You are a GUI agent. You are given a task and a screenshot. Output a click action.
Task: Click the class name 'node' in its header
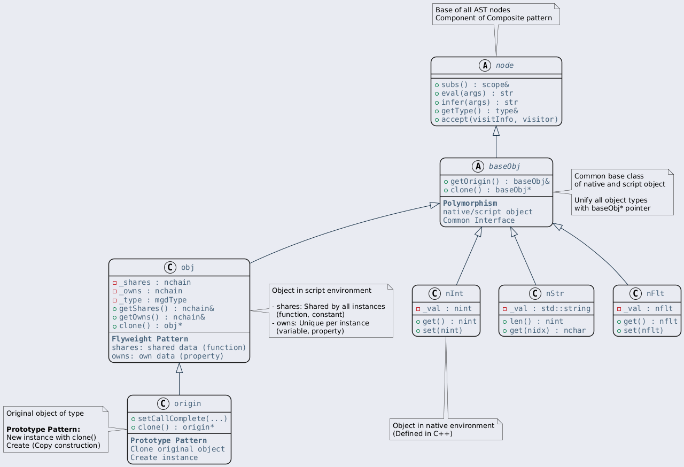point(504,65)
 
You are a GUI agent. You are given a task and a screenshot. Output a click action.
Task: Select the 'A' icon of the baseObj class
point(478,166)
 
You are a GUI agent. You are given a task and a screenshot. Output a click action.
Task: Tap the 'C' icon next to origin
point(163,403)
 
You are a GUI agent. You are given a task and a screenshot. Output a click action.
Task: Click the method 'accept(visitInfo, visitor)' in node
point(500,119)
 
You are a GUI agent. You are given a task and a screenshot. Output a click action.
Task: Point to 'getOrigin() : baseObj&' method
point(500,181)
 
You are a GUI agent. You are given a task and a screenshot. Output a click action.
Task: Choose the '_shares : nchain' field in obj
point(155,282)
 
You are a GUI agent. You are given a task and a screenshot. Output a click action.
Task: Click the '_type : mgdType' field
point(153,300)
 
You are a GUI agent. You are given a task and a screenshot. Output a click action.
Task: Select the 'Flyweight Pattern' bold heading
point(150,339)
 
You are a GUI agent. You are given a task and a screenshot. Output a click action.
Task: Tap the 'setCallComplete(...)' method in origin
point(183,418)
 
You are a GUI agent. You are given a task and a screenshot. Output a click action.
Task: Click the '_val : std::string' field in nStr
point(550,309)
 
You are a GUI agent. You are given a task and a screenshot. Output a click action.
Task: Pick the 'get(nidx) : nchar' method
point(548,331)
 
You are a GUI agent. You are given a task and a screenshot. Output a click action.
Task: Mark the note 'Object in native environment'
point(446,430)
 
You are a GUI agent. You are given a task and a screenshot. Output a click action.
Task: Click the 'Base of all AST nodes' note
point(496,14)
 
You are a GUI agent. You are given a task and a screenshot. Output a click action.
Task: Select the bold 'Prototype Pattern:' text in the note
point(43,429)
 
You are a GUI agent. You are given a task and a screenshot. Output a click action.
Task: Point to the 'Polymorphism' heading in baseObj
point(470,203)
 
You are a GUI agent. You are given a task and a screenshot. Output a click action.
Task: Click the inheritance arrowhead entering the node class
point(496,131)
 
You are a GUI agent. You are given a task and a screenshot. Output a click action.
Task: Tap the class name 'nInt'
point(454,294)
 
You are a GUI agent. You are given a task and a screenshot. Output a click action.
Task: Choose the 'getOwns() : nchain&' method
point(162,317)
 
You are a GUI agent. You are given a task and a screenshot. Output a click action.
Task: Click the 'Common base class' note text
point(609,176)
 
